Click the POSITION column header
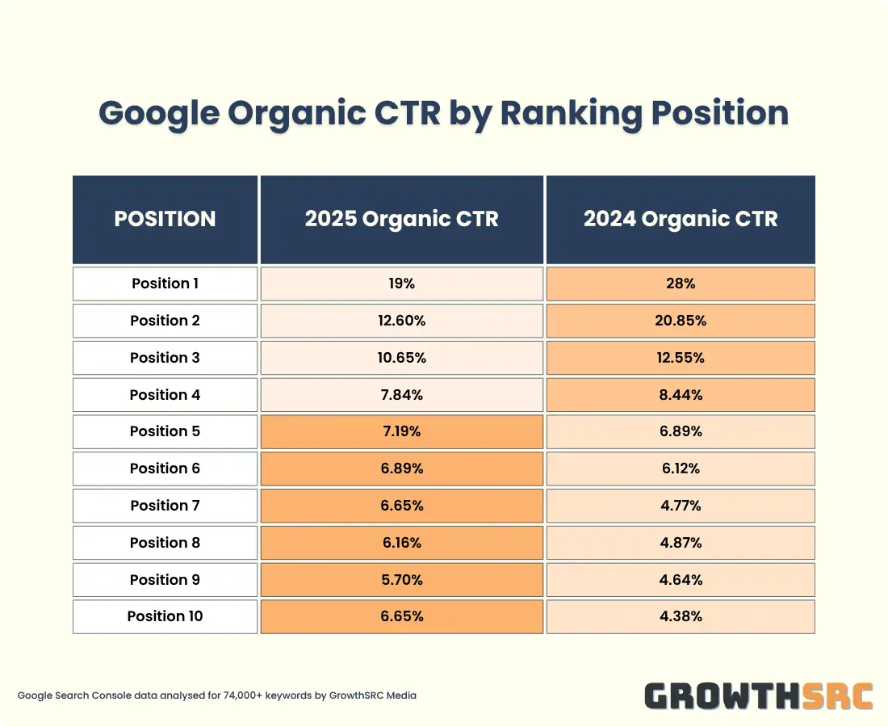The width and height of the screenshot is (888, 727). coord(165,219)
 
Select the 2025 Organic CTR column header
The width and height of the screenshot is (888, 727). coord(401,219)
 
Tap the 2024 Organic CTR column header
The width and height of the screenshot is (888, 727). coord(681,219)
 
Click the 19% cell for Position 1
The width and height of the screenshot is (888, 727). coord(401,284)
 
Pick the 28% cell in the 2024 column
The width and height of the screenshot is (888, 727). coord(681,284)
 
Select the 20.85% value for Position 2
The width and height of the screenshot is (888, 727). coord(681,321)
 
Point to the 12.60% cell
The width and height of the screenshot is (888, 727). coord(401,321)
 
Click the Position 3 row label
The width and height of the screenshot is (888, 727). coord(165,358)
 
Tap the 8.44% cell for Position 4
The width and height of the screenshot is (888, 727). coord(681,395)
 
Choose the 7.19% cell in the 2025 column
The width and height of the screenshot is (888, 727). coord(401,431)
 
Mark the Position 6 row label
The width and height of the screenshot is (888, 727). coord(165,469)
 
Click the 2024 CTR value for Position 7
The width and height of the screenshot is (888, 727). coord(681,506)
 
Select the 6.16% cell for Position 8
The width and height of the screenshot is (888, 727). coord(401,543)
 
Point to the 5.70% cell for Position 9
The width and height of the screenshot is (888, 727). coord(401,580)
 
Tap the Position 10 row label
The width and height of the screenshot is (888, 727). coord(165,616)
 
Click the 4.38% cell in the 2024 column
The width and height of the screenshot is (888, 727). coord(681,616)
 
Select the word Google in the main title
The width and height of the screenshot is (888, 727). coord(158,114)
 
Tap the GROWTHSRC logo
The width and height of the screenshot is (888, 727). coord(759,695)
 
